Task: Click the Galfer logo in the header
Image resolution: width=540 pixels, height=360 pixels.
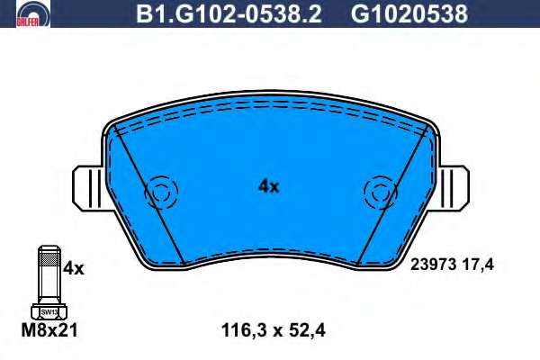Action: point(33,13)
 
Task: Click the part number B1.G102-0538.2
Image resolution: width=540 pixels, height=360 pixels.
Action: point(229,13)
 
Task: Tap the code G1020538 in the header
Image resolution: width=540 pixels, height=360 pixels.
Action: point(409,13)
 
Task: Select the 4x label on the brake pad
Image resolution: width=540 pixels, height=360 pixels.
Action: point(268,186)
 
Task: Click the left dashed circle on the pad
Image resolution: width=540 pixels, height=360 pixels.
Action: point(161,177)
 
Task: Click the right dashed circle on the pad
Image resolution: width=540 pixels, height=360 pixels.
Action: point(381,177)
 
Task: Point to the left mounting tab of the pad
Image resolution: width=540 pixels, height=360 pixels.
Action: point(88,188)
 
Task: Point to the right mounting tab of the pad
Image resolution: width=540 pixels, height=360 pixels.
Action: point(454,188)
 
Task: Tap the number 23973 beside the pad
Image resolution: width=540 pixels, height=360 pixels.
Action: point(434,265)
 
